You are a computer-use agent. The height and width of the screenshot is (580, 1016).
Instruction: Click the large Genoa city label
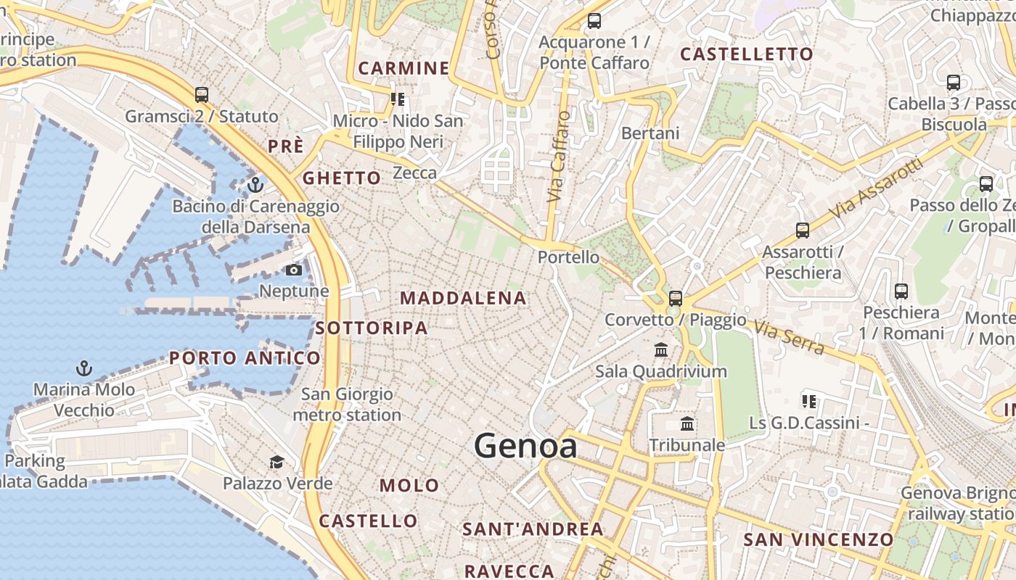[x=525, y=446]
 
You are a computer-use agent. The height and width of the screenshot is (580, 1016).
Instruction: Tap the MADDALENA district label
[x=463, y=298]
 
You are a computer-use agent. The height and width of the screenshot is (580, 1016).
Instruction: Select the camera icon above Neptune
[x=294, y=270]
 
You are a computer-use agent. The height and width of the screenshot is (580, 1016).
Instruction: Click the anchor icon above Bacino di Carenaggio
[x=255, y=185]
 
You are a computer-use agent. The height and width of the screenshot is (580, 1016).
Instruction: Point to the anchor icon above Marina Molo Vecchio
[x=85, y=368]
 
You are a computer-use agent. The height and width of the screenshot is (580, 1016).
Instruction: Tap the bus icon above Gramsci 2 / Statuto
[x=202, y=95]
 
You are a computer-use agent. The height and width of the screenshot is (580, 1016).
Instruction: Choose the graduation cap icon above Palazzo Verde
[x=276, y=463]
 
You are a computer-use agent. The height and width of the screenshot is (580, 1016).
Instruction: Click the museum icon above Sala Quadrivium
[x=661, y=350]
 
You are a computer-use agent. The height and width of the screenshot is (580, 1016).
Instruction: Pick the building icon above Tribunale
[x=687, y=423]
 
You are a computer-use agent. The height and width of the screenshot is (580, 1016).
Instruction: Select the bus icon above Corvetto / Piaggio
[x=676, y=298]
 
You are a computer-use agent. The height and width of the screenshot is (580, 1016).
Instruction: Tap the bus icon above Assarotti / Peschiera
[x=803, y=231]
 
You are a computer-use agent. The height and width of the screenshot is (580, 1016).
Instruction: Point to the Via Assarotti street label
[x=878, y=188]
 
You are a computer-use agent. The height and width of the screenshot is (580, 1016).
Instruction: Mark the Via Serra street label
[x=790, y=338]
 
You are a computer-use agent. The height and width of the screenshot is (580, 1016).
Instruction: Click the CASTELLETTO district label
[x=747, y=54]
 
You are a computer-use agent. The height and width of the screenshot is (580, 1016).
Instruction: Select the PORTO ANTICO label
[x=245, y=357]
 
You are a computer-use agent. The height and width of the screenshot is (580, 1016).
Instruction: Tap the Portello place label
[x=568, y=257]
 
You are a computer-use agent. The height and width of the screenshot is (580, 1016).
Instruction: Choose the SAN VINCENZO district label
[x=818, y=539]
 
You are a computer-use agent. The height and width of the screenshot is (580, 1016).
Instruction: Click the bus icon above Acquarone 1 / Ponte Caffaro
[x=594, y=21]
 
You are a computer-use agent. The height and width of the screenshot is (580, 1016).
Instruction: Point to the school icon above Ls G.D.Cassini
[x=809, y=401]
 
